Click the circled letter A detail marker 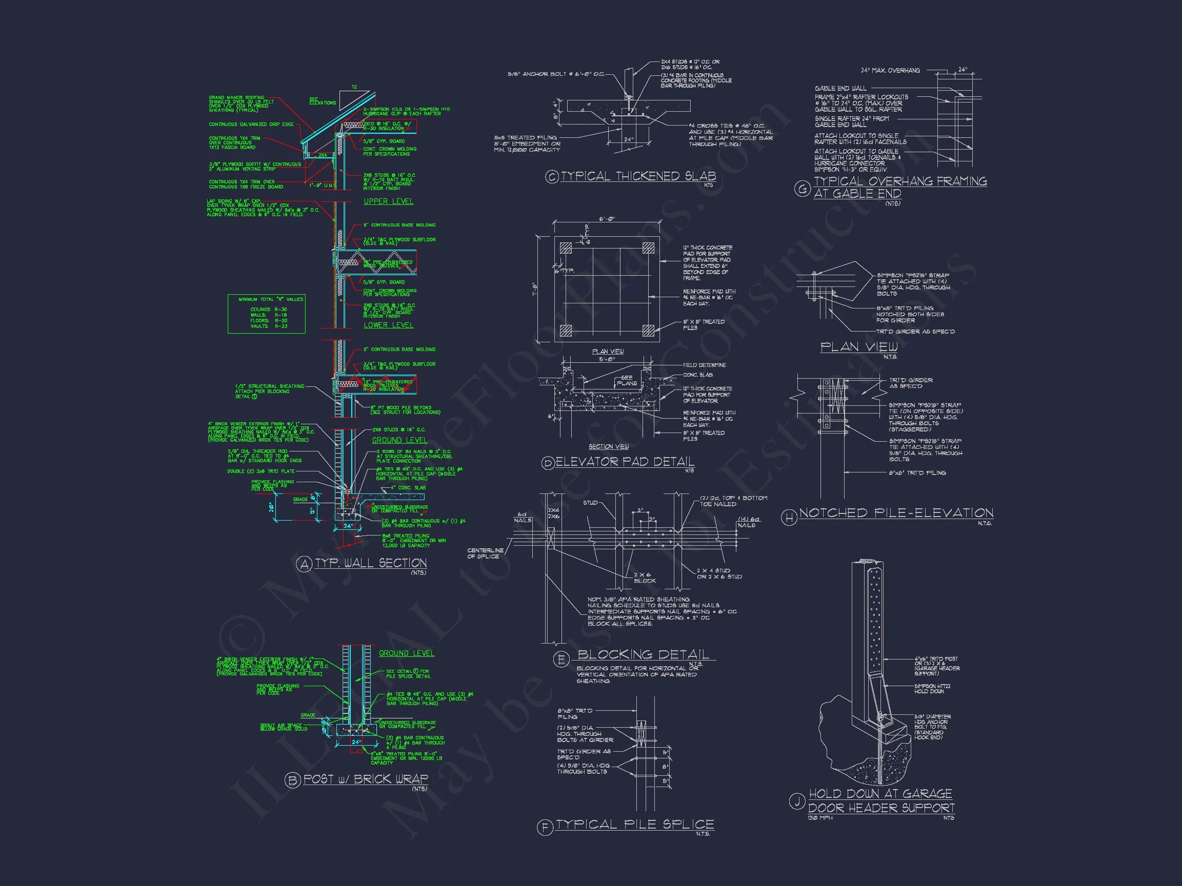[304, 564]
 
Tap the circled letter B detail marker [292, 780]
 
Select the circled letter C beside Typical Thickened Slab [551, 177]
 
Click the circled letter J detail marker [797, 801]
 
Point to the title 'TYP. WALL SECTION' [370, 563]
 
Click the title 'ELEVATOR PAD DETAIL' [625, 461]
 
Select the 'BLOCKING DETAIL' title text [644, 654]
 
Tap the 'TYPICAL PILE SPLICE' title [635, 825]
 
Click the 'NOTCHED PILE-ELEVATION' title [896, 513]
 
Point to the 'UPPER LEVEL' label [389, 201]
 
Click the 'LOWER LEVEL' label [389, 325]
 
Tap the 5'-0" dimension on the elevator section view [608, 359]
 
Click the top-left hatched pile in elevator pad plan [565, 248]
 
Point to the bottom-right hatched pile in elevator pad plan [648, 329]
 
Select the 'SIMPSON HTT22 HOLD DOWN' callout [929, 688]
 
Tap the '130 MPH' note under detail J [820, 818]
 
